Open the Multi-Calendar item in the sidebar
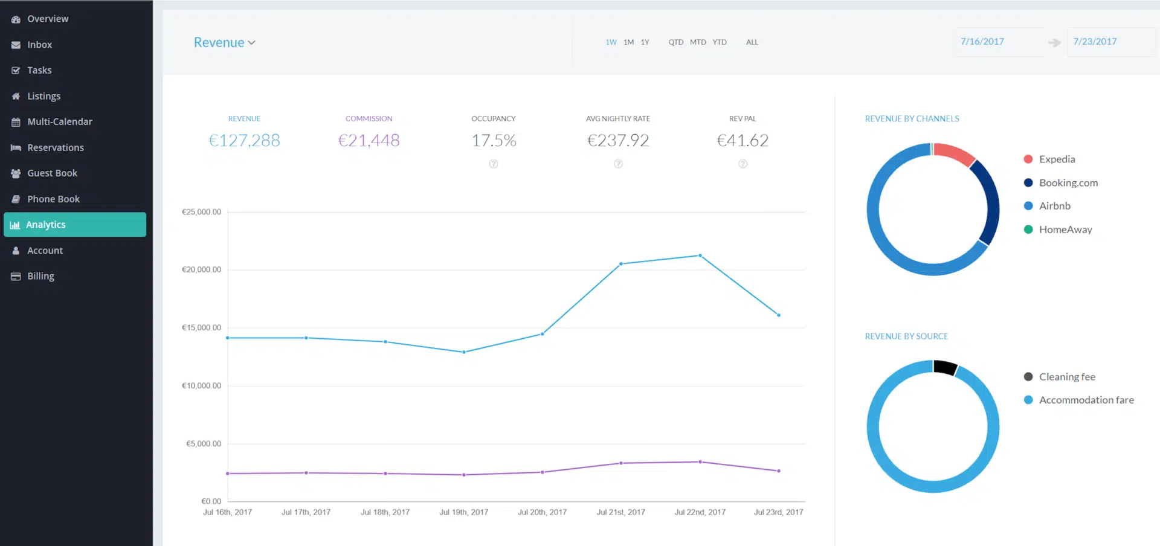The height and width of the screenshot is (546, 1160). tap(59, 121)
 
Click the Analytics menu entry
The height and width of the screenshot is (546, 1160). tap(45, 225)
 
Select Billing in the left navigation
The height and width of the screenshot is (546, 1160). tap(40, 276)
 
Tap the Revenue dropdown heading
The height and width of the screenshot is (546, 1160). tap(224, 42)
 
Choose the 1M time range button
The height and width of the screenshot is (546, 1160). tap(628, 42)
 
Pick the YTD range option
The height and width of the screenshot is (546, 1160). tap(719, 42)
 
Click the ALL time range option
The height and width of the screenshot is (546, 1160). tap(752, 42)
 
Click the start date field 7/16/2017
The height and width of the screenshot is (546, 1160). tap(982, 42)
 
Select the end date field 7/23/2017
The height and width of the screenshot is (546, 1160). tap(1095, 42)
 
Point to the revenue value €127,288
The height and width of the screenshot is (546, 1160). tap(244, 140)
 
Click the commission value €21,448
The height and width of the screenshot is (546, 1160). tap(369, 140)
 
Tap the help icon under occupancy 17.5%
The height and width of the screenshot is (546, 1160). tap(494, 164)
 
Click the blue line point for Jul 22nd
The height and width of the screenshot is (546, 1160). tap(700, 255)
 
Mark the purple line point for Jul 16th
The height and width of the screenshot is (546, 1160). tap(228, 474)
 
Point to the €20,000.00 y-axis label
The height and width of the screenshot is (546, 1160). tap(201, 269)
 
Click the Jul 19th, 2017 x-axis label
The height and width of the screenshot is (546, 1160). tap(463, 512)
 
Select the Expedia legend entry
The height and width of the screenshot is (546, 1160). tap(1057, 159)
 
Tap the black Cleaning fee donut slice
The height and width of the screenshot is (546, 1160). tap(944, 367)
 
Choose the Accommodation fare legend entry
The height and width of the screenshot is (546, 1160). tap(1086, 400)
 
